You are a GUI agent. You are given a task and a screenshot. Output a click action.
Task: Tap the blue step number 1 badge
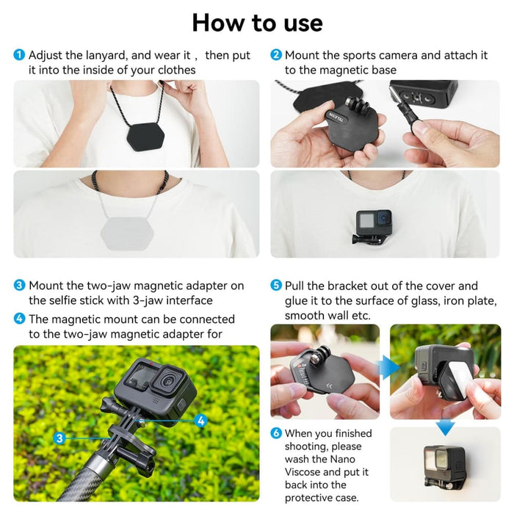19,55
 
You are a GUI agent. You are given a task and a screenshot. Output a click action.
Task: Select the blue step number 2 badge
276,55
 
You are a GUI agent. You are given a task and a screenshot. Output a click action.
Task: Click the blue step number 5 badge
276,286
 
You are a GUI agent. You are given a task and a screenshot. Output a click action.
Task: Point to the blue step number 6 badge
276,433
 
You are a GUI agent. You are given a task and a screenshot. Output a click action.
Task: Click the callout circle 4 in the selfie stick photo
200,421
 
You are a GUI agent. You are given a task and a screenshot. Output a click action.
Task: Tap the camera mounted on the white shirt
374,223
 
